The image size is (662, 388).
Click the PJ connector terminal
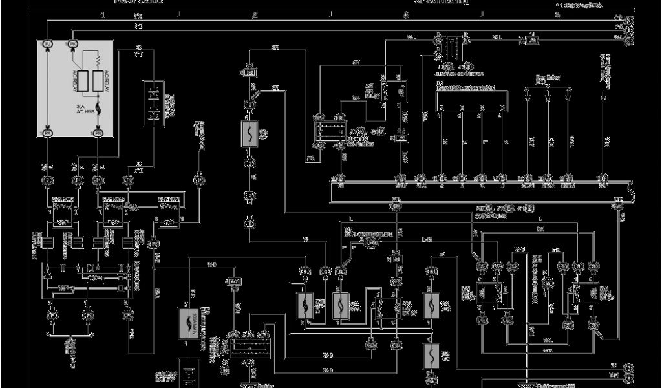48,43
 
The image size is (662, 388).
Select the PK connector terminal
73,43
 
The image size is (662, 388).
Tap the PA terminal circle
48,133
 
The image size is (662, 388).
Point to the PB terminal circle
98,133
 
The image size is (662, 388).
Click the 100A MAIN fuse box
189,321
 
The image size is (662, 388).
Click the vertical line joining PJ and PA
48,88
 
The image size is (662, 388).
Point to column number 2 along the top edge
255,14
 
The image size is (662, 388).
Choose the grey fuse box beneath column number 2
250,134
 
